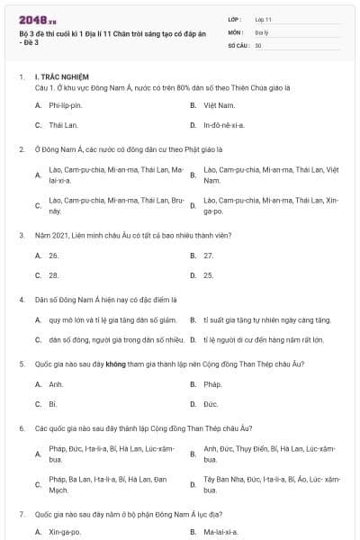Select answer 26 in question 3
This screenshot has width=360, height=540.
54,256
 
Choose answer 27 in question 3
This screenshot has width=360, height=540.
209,256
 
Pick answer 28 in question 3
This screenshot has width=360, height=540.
54,275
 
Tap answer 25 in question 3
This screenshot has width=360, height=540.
209,275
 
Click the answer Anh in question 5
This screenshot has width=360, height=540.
56,384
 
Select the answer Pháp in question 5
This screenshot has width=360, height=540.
212,384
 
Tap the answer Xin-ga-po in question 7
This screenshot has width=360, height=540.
65,532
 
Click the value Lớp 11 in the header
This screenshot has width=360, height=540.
263,18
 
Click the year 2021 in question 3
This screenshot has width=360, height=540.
57,235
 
